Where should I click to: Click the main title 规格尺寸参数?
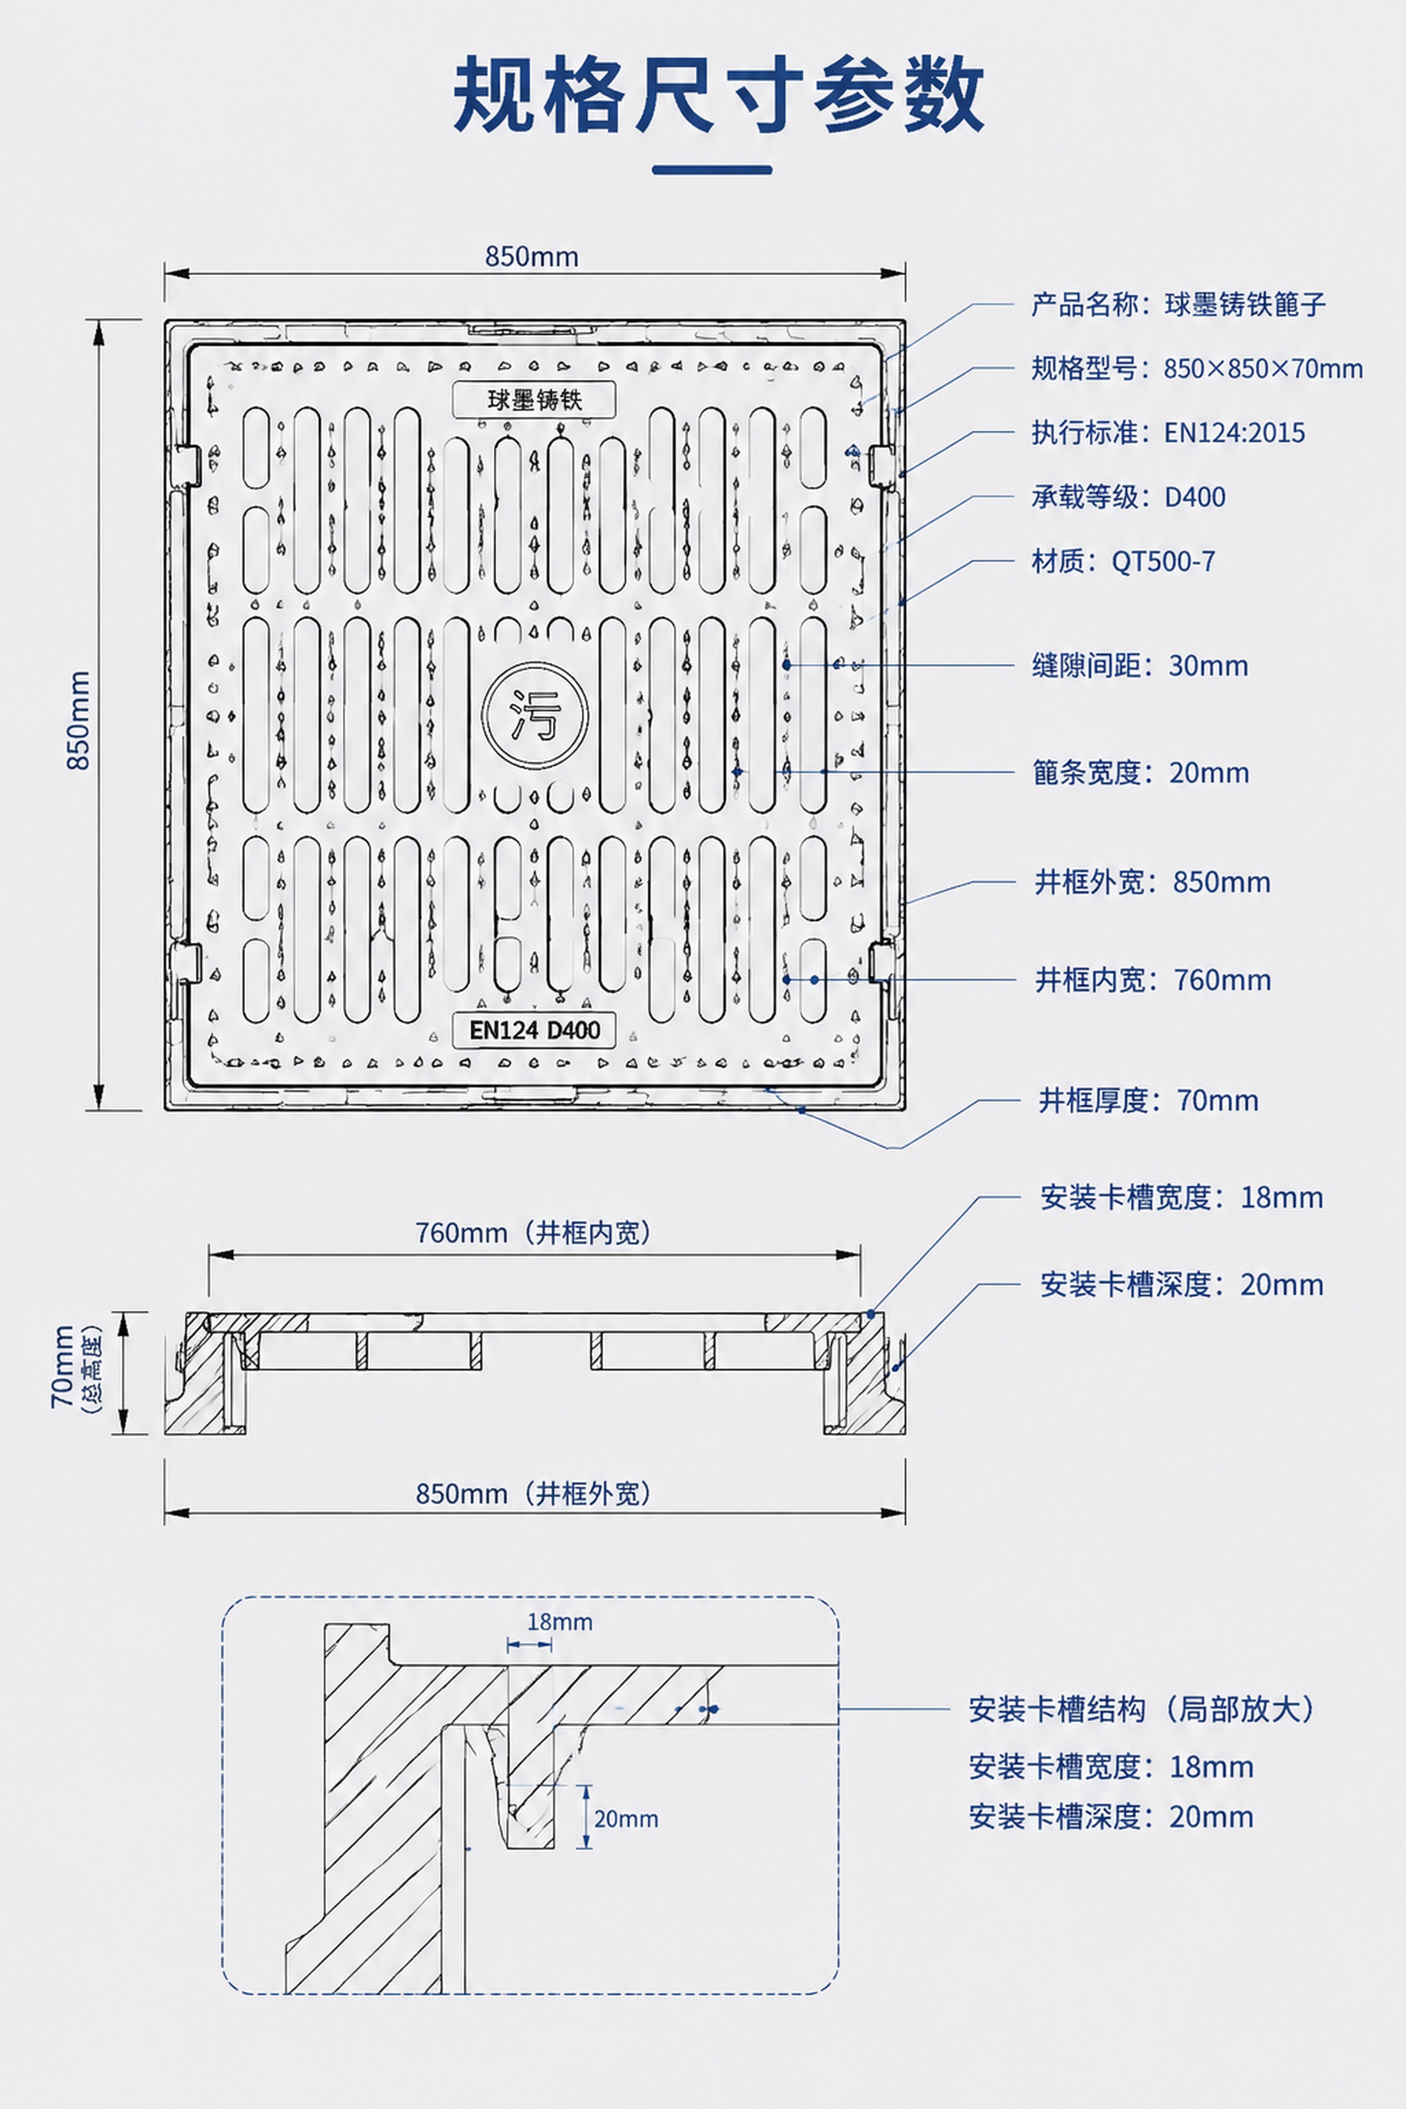coord(718,94)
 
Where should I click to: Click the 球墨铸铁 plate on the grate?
coord(535,399)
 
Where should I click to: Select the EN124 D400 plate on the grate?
coord(535,1029)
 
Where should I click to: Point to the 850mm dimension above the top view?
coord(532,258)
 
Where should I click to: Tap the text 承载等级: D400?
coord(1128,497)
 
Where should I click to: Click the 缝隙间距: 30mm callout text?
coord(1140,665)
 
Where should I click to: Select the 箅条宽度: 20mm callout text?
coord(1141,772)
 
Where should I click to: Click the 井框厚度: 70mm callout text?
coord(1148,1100)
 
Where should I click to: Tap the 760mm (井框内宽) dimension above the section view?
coord(533,1233)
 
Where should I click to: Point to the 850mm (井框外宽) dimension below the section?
coord(533,1493)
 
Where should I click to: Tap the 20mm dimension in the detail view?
coord(626,1819)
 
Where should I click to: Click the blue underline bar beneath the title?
coord(712,170)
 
